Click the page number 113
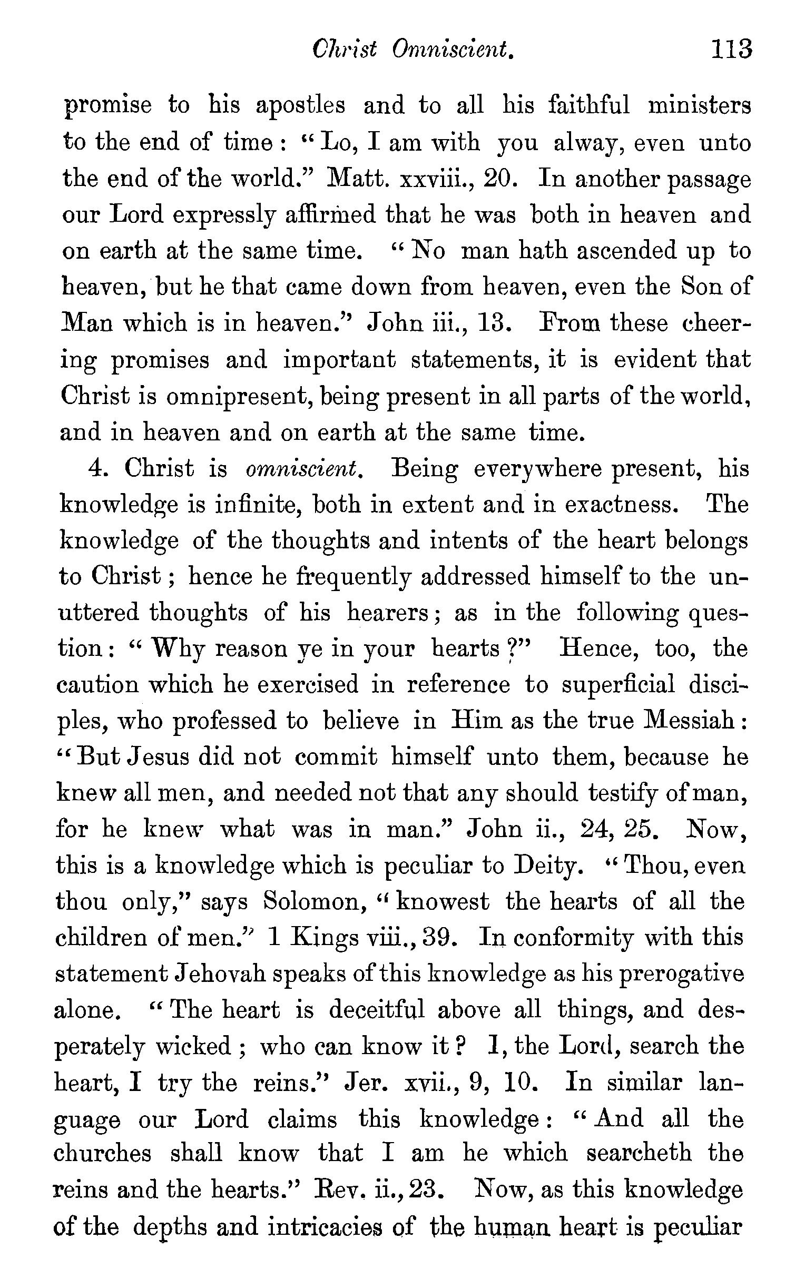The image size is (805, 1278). [x=731, y=50]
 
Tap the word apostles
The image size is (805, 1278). [x=300, y=105]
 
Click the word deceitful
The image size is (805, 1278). [x=377, y=1010]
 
